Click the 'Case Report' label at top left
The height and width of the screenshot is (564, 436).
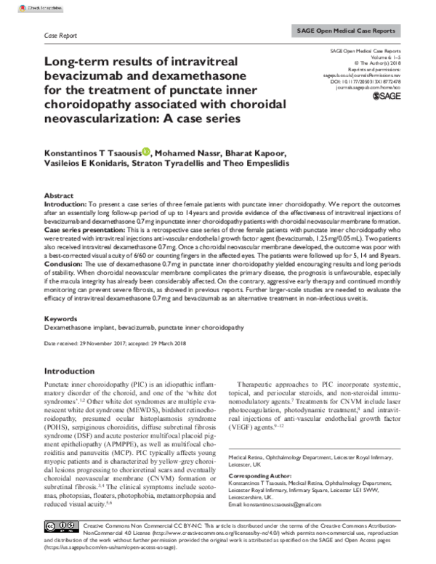click(x=61, y=34)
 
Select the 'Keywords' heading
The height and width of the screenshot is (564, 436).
click(x=61, y=318)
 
